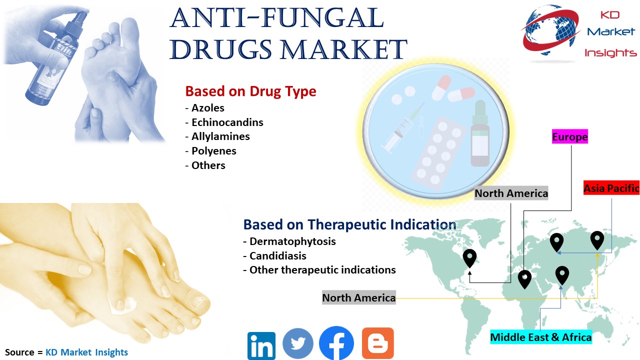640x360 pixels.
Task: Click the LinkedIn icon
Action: [261, 345]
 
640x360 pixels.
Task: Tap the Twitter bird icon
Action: [297, 343]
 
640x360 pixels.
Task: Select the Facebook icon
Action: [336, 343]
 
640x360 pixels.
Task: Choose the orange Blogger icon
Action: [377, 343]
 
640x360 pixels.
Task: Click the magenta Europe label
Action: [569, 136]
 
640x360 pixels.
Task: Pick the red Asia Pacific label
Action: [611, 188]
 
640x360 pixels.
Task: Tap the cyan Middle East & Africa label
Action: [541, 337]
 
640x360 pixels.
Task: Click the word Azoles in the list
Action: [207, 108]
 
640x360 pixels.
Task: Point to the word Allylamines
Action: [220, 136]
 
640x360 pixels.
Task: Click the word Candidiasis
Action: [277, 255]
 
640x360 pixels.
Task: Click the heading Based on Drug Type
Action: [250, 91]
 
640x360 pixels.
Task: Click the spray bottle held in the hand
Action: [54, 57]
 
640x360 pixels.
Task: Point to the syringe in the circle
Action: [403, 128]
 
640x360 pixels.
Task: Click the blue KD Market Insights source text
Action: [86, 352]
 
